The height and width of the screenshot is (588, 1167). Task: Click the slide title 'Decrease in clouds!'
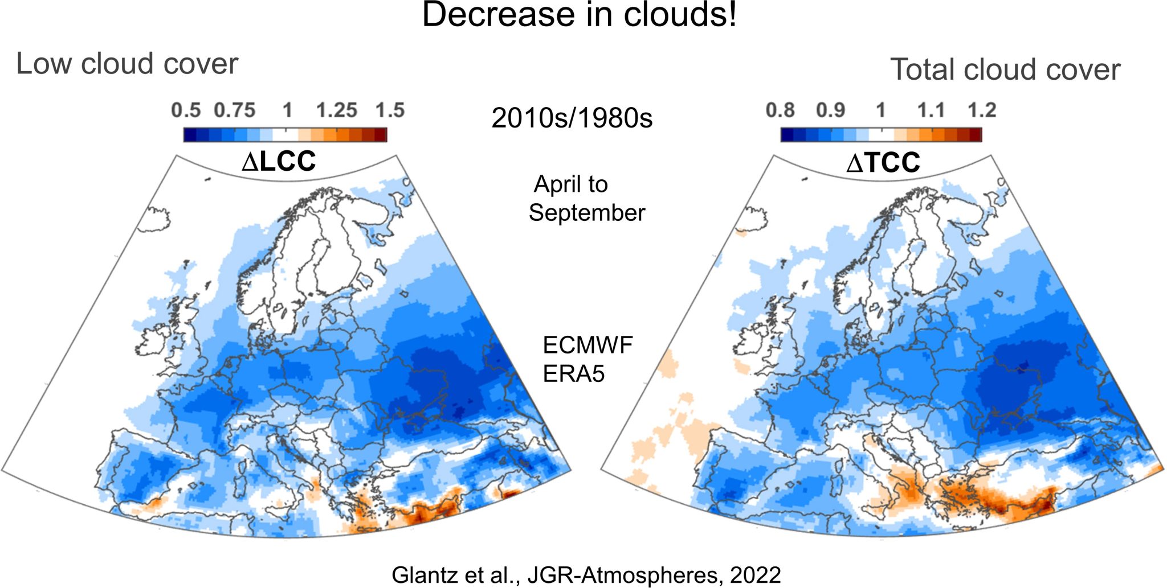[579, 15]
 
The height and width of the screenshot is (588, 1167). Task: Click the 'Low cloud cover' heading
[127, 64]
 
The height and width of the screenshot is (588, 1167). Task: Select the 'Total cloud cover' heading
[1005, 69]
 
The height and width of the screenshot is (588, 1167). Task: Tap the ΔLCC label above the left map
[279, 162]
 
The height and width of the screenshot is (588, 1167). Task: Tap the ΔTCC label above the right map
[883, 163]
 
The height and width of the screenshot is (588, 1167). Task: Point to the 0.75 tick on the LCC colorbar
[234, 110]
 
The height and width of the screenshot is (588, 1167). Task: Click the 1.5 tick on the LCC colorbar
[390, 110]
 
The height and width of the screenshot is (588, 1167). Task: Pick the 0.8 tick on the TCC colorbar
[780, 110]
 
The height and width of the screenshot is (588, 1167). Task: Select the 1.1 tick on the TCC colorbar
[931, 110]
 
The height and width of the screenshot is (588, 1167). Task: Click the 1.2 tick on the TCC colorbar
[981, 110]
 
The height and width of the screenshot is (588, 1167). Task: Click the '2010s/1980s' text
[572, 118]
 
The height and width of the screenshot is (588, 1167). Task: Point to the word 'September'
[586, 213]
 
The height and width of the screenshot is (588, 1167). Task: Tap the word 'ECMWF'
[587, 346]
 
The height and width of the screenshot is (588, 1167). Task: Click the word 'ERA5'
[573, 374]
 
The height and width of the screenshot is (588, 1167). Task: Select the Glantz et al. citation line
[586, 575]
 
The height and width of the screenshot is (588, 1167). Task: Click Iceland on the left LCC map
[156, 220]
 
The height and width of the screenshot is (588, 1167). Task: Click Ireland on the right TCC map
[748, 343]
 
